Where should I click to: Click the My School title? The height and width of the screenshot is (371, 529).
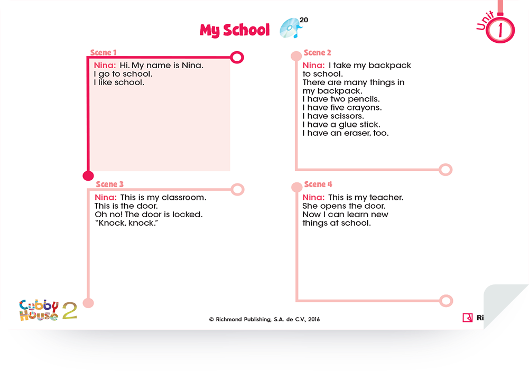235,30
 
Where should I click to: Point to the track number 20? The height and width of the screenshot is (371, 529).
304,20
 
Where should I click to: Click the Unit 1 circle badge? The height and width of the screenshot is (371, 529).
500,30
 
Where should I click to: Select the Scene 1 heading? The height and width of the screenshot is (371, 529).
103,53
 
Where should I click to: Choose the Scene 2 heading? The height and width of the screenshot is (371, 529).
318,53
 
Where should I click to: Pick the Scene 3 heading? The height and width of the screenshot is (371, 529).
109,184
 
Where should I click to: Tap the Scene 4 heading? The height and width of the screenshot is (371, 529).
318,184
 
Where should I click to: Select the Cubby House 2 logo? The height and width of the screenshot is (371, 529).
48,310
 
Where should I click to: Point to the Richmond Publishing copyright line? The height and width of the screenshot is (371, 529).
264,319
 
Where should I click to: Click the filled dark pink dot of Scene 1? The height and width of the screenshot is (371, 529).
88,175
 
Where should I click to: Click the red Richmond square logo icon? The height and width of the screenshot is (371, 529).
468,318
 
